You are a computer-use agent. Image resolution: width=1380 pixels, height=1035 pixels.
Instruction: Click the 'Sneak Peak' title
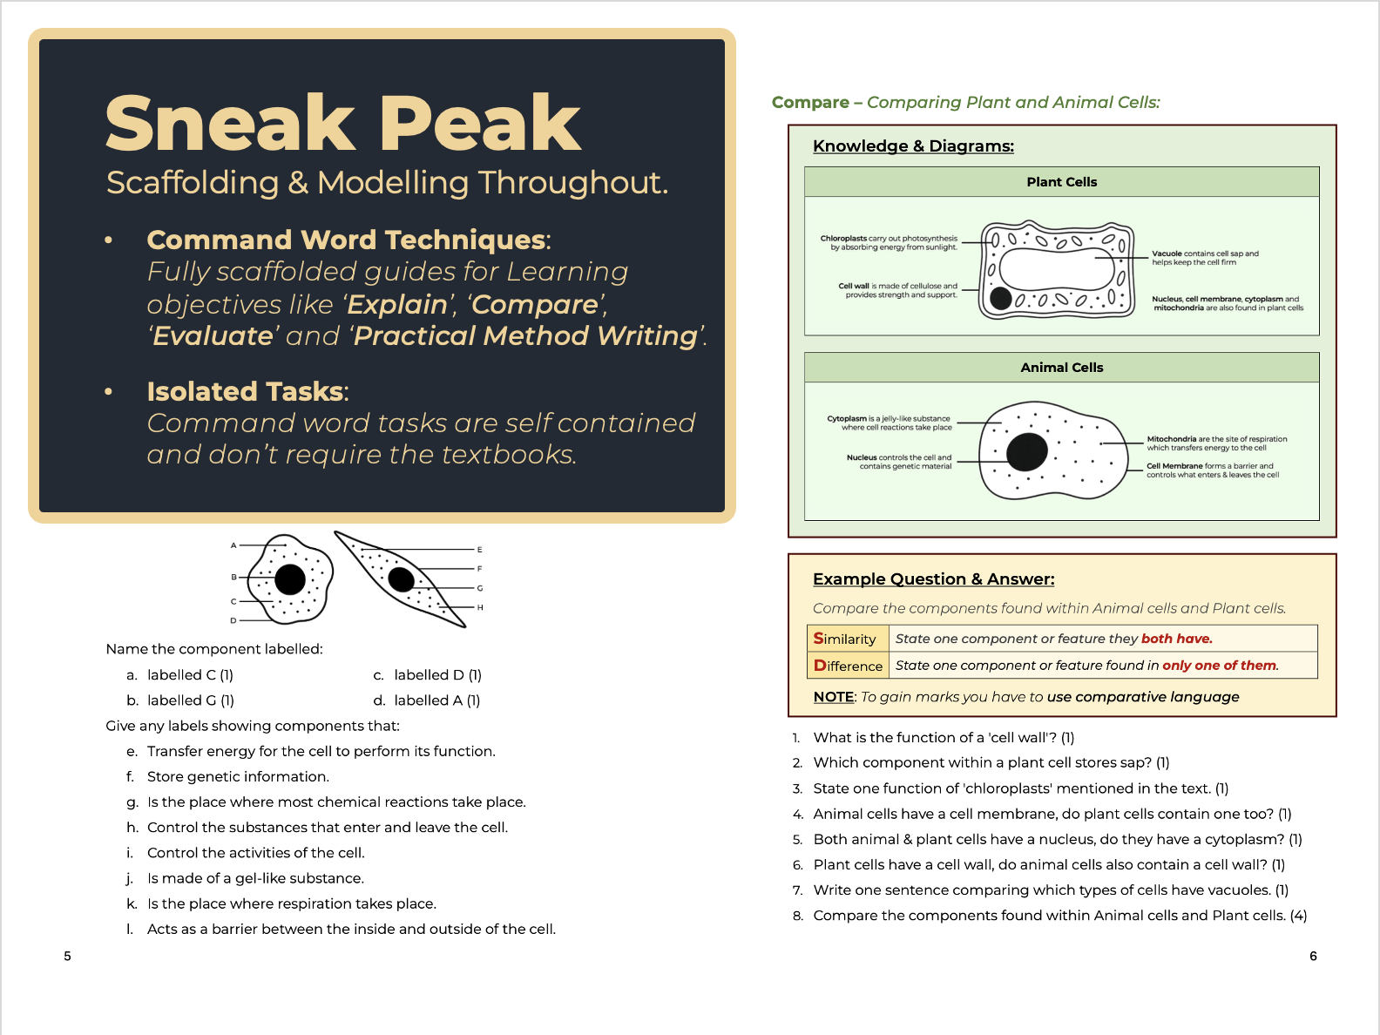342,123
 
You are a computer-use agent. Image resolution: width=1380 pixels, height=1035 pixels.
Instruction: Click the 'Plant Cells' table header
1061,182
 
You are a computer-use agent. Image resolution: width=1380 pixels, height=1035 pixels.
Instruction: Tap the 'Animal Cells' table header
1061,368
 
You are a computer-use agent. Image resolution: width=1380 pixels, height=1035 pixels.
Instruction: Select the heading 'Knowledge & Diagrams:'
913,146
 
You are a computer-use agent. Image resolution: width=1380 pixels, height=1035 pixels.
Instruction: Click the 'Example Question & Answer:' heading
933,579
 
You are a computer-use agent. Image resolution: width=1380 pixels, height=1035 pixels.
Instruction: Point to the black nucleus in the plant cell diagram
1001,299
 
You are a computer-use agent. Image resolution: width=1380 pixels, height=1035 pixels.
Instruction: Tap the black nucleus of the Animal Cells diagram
1026,451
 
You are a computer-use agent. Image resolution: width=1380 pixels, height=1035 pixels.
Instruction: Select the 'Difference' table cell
848,666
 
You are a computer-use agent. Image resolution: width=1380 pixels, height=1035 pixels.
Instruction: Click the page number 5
67,956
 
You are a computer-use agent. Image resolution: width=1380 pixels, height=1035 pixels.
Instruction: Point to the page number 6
1313,956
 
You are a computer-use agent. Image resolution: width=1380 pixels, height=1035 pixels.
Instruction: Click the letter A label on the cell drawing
233,545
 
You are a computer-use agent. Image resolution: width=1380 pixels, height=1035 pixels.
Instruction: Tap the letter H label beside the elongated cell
480,607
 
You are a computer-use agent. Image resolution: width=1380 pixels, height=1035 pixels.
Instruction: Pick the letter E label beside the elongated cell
480,550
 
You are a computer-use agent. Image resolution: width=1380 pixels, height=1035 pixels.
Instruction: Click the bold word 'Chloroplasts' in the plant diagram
842,238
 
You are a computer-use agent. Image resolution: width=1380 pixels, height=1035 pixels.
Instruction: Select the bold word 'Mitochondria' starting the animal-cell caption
1171,439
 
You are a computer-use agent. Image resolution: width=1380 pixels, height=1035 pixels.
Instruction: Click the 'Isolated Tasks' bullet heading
245,392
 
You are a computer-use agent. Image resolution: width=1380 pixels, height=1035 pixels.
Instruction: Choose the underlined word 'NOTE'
833,697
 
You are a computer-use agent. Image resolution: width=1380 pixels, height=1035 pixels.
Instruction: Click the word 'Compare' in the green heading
810,103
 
